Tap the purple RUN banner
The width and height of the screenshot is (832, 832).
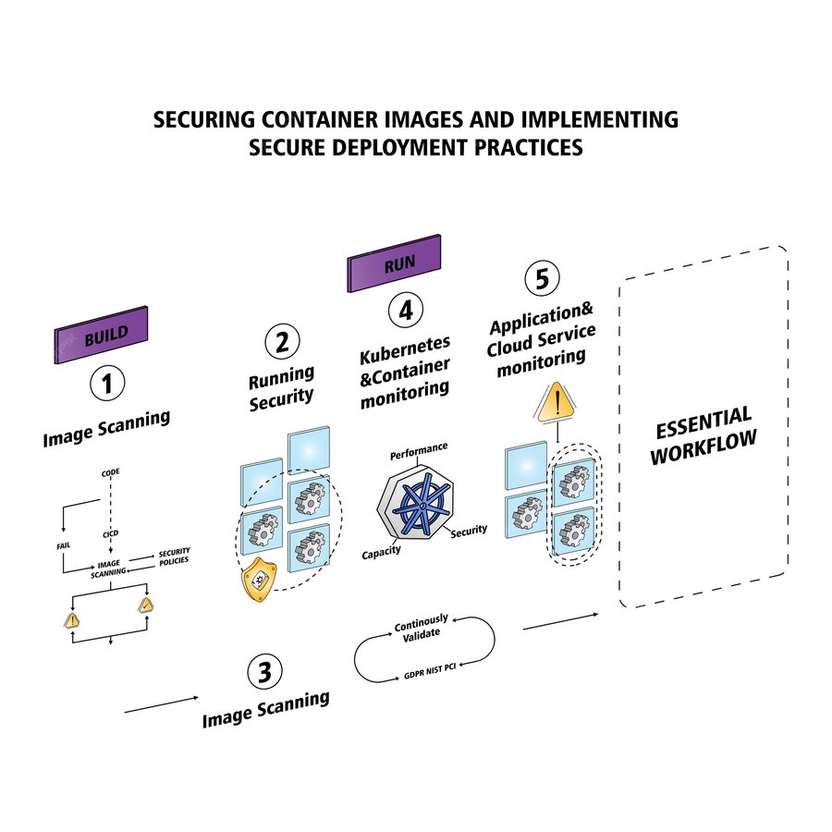click(x=394, y=263)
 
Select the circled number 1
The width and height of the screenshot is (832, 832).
click(x=107, y=383)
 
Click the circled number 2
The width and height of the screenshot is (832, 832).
click(x=281, y=342)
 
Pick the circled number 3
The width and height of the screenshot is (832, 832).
click(x=265, y=672)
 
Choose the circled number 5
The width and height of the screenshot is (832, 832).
click(x=542, y=278)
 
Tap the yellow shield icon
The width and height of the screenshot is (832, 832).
click(x=260, y=582)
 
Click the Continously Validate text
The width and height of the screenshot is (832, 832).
click(x=421, y=626)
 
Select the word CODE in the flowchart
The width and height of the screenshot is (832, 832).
click(x=110, y=472)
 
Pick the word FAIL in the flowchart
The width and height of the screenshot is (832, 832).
click(x=64, y=546)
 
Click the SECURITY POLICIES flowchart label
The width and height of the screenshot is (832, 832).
click(x=174, y=557)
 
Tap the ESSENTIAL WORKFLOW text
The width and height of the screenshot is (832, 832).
click(x=703, y=434)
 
